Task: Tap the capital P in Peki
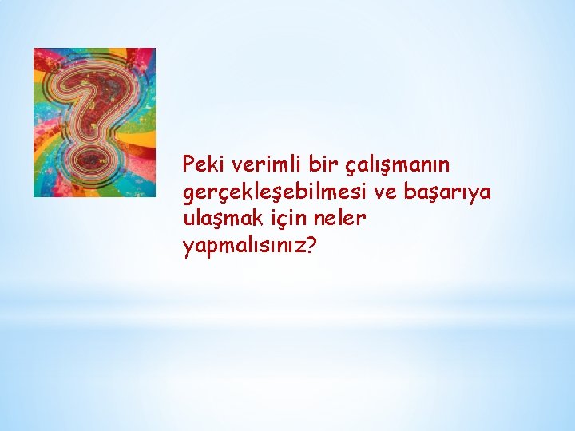point(188,164)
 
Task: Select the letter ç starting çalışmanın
point(350,167)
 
